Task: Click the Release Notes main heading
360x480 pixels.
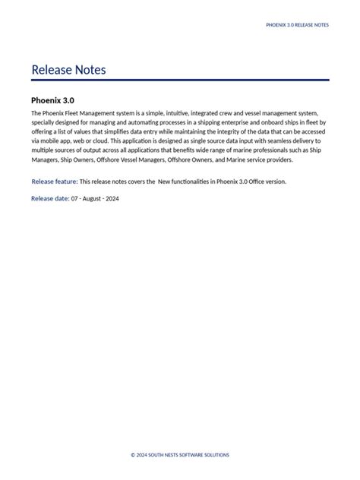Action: [68, 71]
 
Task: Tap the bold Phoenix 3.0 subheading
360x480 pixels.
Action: [52, 100]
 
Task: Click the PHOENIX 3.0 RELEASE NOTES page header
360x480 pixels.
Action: [297, 25]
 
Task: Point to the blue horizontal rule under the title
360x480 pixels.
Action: [180, 80]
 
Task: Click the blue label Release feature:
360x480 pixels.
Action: [55, 182]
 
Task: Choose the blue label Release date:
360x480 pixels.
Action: [50, 198]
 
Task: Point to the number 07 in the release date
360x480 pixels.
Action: [75, 198]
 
